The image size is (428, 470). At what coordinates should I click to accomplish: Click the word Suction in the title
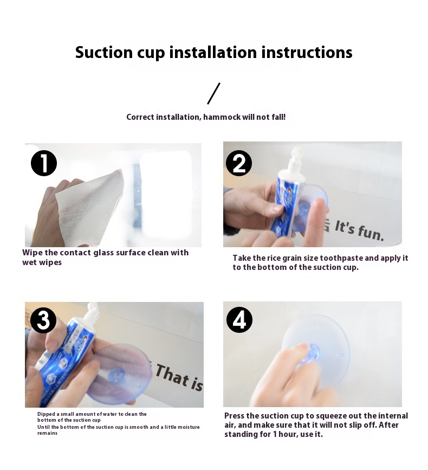[x=103, y=52]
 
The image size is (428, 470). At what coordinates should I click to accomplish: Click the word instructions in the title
[x=307, y=52]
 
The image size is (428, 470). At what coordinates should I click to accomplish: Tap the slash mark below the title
[x=213, y=94]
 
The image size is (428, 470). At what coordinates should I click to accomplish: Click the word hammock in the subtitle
[x=222, y=117]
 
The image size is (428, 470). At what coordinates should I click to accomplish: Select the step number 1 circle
[x=44, y=163]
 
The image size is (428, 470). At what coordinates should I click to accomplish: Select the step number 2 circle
[x=239, y=163]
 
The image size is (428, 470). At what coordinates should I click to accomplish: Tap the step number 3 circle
[x=44, y=320]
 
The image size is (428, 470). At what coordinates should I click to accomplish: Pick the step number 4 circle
[x=239, y=319]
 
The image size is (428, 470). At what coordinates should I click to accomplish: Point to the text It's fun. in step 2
[x=359, y=230]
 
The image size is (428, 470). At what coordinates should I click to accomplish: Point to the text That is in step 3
[x=179, y=377]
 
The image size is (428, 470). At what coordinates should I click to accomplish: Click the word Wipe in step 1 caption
[x=33, y=253]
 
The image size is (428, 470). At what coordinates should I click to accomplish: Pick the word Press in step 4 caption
[x=235, y=416]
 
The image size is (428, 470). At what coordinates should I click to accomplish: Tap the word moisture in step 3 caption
[x=188, y=427]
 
